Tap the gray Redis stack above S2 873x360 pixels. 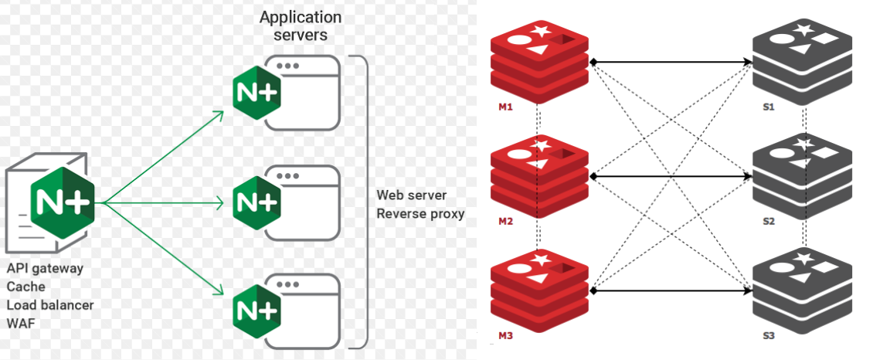[x=803, y=175]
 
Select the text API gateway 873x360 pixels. [x=45, y=269]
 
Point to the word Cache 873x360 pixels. [x=26, y=287]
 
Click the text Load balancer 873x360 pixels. [x=50, y=305]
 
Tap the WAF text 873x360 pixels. [x=22, y=323]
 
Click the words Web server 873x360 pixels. [x=412, y=195]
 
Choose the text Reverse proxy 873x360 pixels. [x=420, y=213]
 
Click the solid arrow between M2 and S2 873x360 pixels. [x=671, y=176]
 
